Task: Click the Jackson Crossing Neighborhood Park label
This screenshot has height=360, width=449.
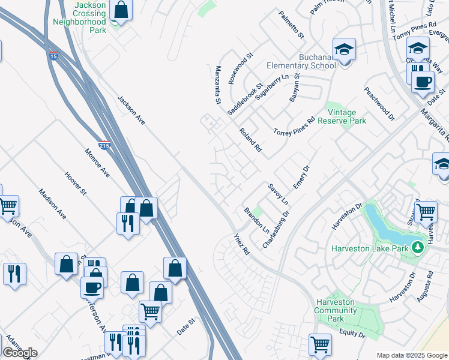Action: (x=88, y=17)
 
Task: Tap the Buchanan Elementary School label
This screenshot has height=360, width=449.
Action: (x=303, y=61)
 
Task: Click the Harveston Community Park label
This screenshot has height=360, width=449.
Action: (x=335, y=310)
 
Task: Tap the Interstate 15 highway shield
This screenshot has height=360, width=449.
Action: (x=54, y=56)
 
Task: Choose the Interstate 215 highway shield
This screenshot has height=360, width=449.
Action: (x=104, y=145)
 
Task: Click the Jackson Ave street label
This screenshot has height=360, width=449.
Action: (x=131, y=110)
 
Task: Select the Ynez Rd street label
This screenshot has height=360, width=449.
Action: (x=241, y=244)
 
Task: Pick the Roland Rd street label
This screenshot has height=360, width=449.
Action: (x=250, y=139)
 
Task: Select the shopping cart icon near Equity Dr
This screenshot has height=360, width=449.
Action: (x=320, y=344)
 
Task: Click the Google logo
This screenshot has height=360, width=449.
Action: (x=20, y=353)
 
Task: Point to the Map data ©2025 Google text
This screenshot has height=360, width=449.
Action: (x=412, y=355)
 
